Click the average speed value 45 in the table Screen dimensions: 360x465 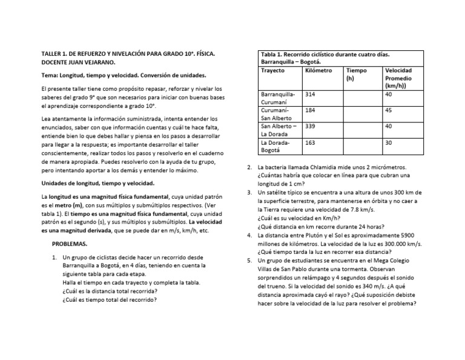(389, 111)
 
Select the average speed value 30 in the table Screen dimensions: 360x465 (389, 143)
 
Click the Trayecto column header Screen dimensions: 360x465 (272, 70)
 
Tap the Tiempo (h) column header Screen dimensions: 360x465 (357, 74)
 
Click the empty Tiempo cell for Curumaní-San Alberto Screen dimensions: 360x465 (363, 115)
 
